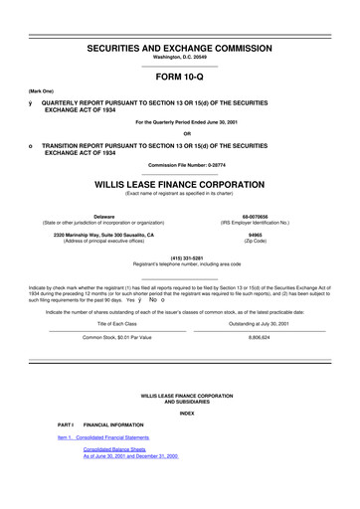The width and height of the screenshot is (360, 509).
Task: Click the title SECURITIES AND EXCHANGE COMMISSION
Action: tap(179, 47)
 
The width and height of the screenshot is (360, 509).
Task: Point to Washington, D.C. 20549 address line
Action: tap(179, 58)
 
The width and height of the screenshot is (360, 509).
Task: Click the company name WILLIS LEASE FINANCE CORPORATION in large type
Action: tap(179, 185)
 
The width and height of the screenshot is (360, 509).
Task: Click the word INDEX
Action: tap(179, 412)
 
